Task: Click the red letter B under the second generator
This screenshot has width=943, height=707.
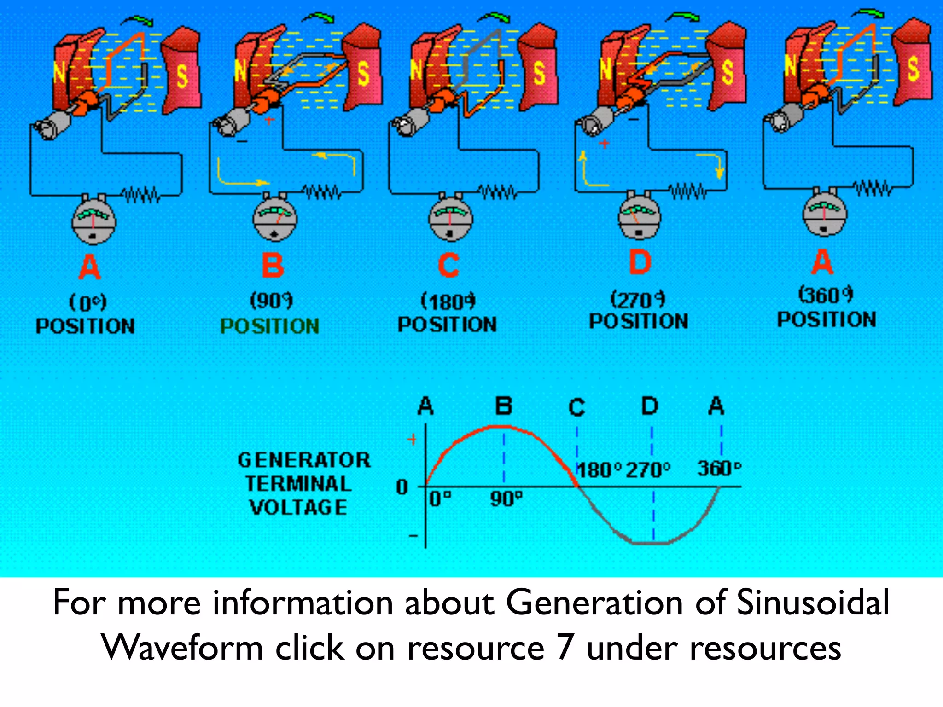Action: [273, 266]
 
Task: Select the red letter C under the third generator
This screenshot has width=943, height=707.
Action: [449, 265]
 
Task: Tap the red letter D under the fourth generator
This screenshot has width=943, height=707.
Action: [640, 262]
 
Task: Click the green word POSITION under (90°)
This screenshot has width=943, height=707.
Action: [270, 326]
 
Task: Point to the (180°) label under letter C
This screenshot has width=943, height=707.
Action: [448, 302]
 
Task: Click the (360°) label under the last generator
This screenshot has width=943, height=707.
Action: [826, 295]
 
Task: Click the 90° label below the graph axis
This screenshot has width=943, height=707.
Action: [506, 498]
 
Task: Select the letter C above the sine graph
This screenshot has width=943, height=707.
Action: [576, 407]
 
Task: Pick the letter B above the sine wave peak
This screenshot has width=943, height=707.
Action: [503, 406]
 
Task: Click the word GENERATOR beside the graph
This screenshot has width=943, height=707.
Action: [304, 460]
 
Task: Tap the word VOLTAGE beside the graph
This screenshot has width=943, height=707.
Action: [298, 507]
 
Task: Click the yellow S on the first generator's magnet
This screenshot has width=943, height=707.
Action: [182, 76]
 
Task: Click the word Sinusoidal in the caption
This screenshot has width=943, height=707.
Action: [813, 602]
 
